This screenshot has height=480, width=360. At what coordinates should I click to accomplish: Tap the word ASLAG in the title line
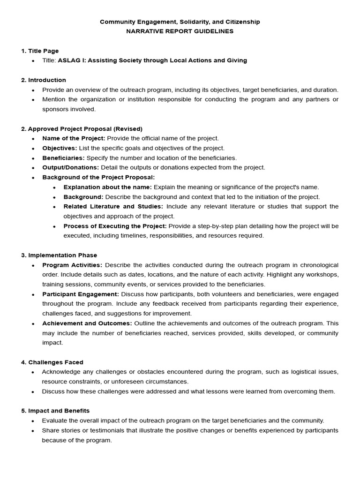[68, 60]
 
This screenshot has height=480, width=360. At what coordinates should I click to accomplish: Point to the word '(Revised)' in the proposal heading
[128, 128]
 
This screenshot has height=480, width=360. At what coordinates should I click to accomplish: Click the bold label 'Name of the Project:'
[74, 138]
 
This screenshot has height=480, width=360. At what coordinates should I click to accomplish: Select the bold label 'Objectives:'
[60, 148]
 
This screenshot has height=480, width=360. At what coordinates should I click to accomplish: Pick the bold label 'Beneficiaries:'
[63, 158]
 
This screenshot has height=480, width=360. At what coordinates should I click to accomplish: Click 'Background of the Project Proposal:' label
[98, 177]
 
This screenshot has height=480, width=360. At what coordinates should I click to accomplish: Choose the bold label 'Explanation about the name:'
[108, 187]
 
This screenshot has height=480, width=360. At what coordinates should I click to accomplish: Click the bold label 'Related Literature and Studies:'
[113, 206]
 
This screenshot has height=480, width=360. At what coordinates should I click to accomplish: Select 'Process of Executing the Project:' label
[115, 226]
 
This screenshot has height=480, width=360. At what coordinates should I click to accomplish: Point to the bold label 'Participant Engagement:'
[81, 294]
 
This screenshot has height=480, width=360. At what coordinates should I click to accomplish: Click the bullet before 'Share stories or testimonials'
[32, 431]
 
